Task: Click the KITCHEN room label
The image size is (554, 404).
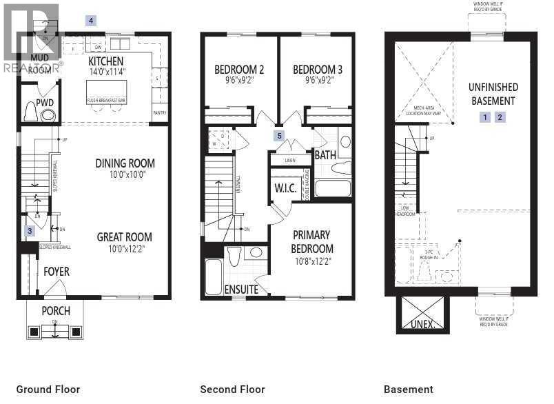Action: click(106, 61)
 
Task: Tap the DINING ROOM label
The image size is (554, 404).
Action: click(125, 163)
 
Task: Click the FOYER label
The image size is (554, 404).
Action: click(57, 272)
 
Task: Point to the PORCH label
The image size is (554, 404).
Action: click(56, 310)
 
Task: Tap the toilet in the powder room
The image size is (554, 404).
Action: click(31, 112)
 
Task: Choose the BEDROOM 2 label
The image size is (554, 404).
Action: click(239, 70)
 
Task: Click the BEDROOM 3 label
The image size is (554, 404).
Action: click(318, 70)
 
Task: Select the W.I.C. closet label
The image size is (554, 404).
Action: click(285, 188)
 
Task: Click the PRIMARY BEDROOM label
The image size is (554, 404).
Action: click(311, 242)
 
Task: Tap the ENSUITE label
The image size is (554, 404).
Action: click(241, 290)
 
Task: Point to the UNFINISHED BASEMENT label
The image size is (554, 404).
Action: click(493, 94)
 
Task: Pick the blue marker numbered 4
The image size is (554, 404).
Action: click(90, 21)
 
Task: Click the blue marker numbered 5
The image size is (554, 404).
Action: click(279, 136)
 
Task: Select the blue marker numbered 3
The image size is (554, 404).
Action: click(30, 231)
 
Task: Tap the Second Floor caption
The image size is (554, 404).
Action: click(232, 390)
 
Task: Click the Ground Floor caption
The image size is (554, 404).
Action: click(48, 390)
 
